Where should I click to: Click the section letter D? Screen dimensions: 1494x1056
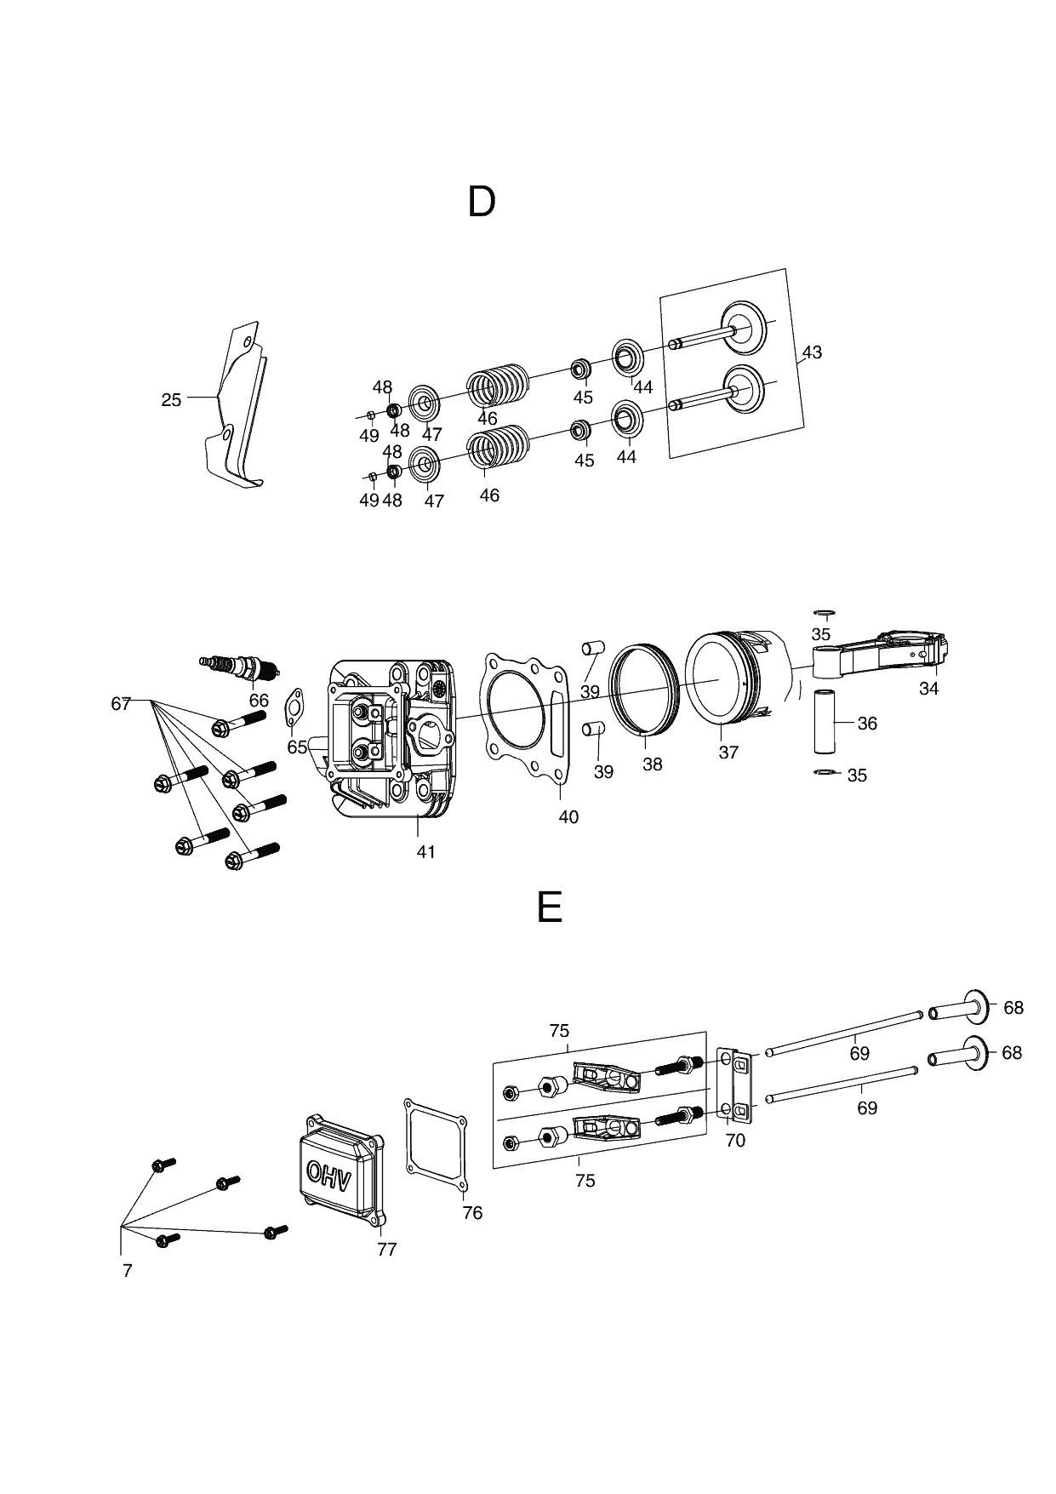tap(482, 203)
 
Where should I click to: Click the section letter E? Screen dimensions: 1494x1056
tap(550, 907)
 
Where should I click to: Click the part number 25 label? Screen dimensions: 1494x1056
tap(171, 399)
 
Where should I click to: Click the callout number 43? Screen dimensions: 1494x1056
tap(812, 352)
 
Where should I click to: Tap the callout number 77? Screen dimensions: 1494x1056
tap(386, 1249)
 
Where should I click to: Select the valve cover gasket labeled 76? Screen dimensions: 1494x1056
tap(436, 1145)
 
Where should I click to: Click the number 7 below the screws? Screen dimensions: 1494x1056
tap(127, 1271)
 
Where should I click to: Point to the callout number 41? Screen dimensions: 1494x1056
tap(425, 851)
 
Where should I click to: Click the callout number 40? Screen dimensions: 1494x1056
tap(568, 817)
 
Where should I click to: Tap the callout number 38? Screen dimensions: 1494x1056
tap(652, 764)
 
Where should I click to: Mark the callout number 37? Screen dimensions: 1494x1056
tap(728, 753)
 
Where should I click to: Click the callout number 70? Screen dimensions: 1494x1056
tap(734, 1141)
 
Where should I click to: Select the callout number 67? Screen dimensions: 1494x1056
tap(120, 703)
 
